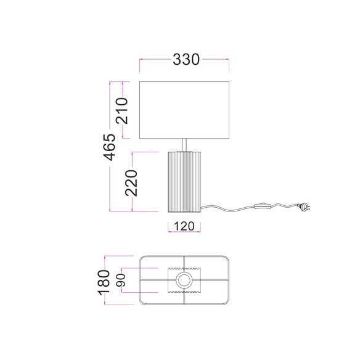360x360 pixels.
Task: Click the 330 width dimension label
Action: tap(186, 59)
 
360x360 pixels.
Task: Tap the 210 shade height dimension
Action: tap(121, 111)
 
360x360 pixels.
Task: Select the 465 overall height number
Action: tap(109, 147)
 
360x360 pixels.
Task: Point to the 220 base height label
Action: tap(131, 183)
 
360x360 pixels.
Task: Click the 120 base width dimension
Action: tap(184, 226)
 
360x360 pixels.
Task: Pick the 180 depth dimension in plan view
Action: tap(104, 282)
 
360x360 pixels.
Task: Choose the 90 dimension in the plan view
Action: tap(121, 280)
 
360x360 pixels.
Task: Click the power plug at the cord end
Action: tap(304, 206)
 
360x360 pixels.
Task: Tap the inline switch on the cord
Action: tap(263, 206)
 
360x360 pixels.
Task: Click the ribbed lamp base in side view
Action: tap(184, 182)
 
